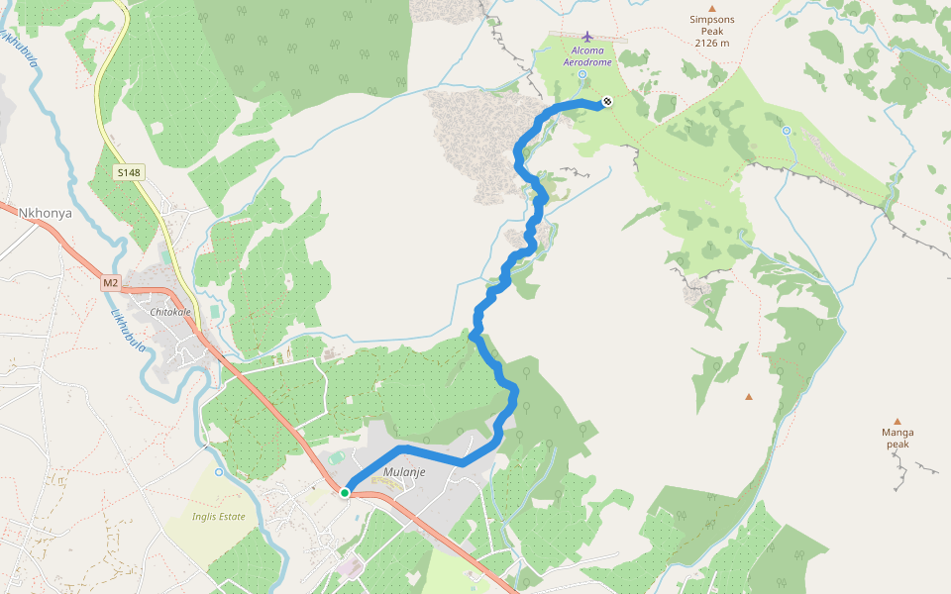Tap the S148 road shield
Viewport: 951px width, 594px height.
tap(129, 173)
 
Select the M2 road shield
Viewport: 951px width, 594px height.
tap(110, 283)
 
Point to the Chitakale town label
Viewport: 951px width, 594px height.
tap(169, 312)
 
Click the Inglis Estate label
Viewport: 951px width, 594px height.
tap(218, 516)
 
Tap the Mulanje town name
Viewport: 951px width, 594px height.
tap(404, 472)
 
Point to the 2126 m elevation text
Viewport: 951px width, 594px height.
tap(711, 43)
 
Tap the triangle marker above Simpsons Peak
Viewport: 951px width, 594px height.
tap(711, 8)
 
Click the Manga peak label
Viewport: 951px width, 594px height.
tap(898, 438)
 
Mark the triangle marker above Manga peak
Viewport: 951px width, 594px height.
tap(898, 421)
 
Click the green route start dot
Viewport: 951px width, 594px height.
tap(345, 492)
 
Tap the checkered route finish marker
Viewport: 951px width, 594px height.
tap(606, 101)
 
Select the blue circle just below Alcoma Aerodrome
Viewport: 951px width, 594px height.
tap(582, 74)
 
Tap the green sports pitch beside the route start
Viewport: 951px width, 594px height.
tap(338, 457)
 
